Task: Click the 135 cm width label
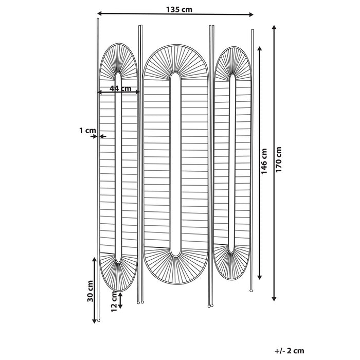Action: pos(176,8)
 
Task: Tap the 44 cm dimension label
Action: pos(118,88)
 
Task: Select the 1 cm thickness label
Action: pos(87,131)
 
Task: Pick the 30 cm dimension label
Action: pos(90,291)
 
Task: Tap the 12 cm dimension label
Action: pos(114,301)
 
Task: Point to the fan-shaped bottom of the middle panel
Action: pos(175,267)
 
